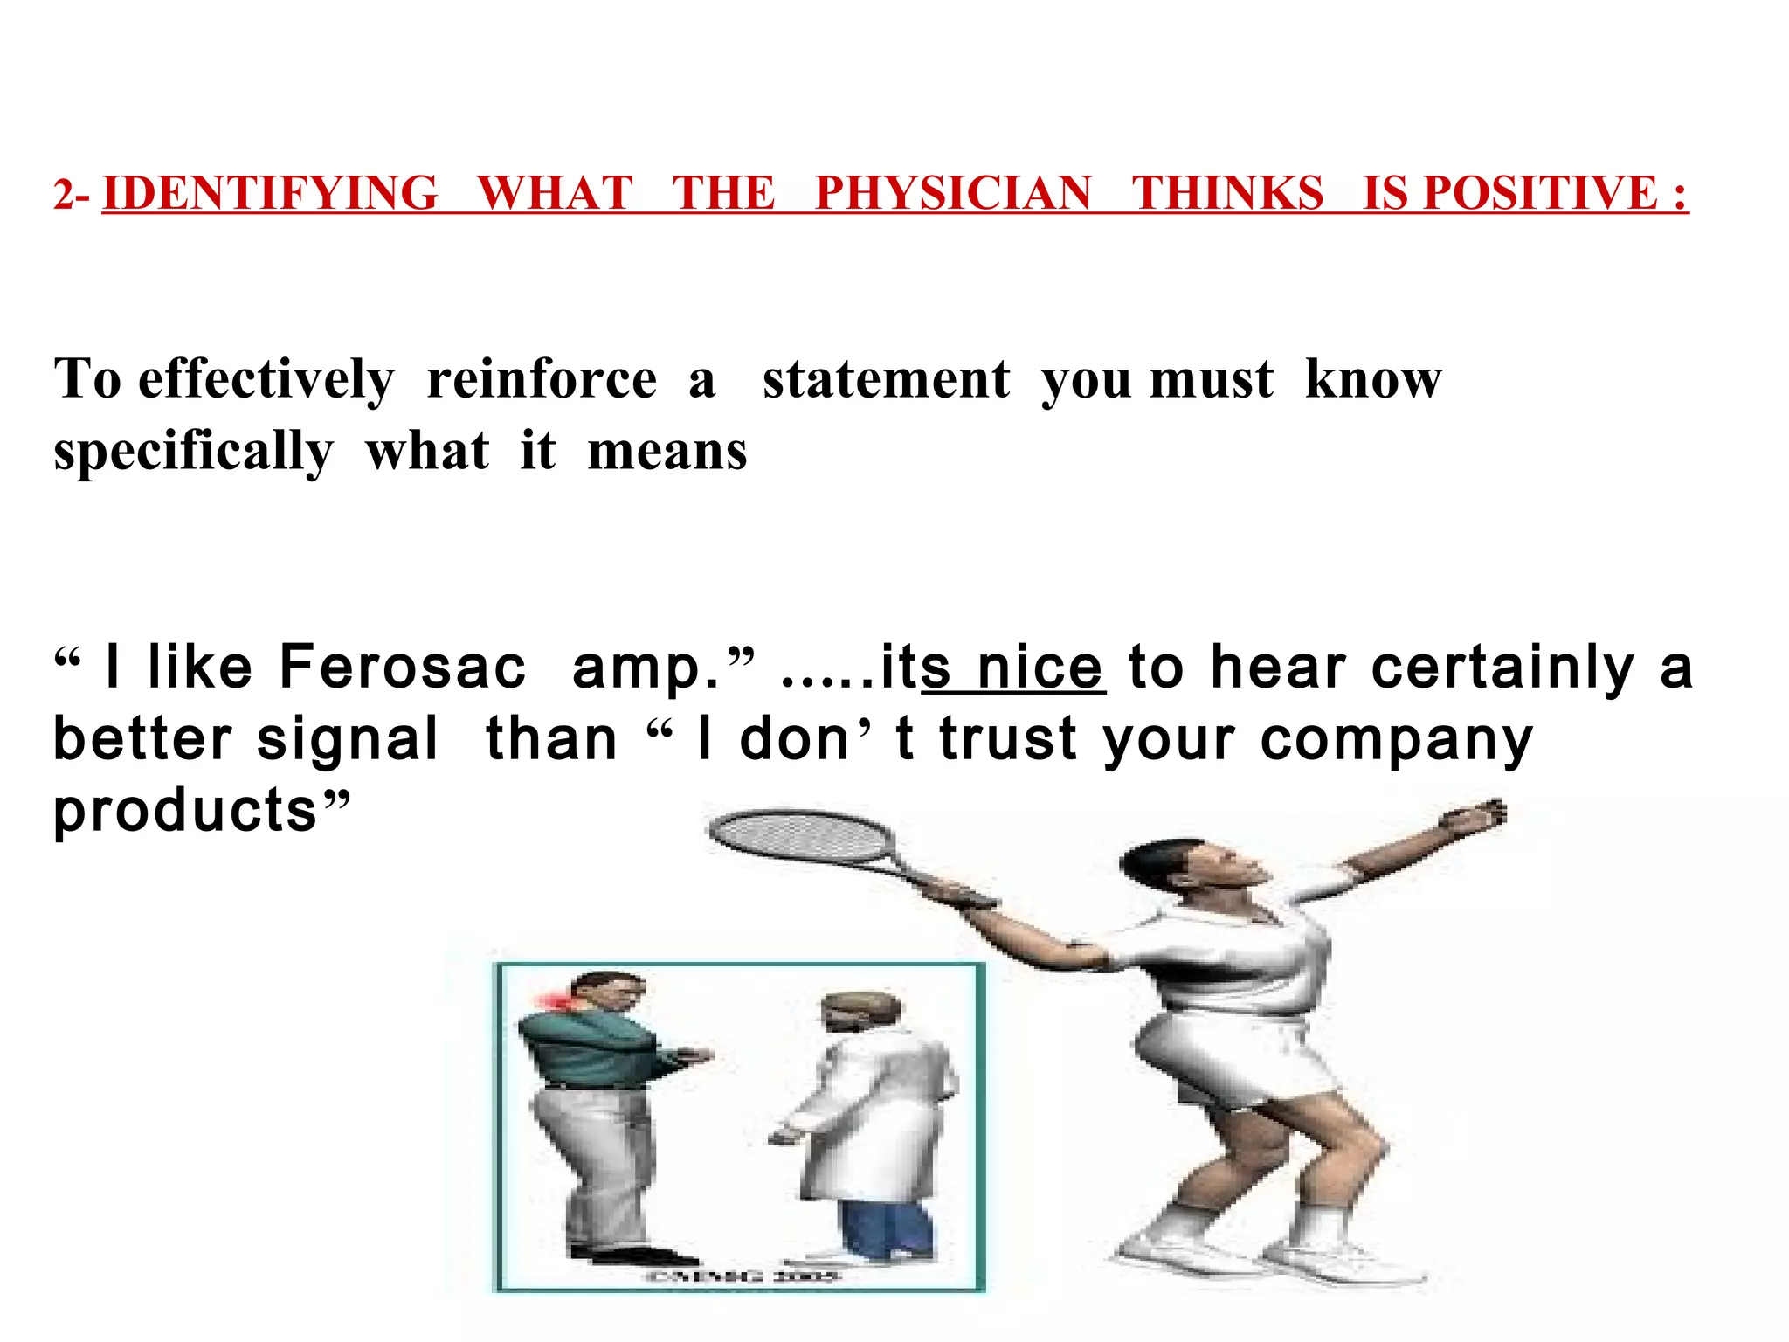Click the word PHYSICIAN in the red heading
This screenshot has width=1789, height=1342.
click(x=953, y=193)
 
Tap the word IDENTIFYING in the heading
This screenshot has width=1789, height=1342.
click(x=270, y=193)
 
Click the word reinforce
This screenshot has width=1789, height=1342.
click(x=542, y=381)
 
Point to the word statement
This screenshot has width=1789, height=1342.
click(x=886, y=381)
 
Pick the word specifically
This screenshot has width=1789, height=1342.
click(x=193, y=453)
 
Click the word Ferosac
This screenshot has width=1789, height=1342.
click(x=403, y=668)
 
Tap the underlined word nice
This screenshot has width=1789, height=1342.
click(x=1040, y=668)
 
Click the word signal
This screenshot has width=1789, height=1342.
click(x=347, y=740)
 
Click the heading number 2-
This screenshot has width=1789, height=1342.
click(x=71, y=195)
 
